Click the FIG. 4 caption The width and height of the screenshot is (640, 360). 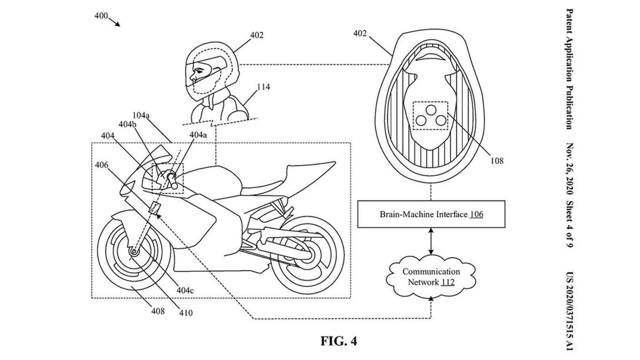pos(339,341)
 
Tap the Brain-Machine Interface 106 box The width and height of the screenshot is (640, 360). pos(431,214)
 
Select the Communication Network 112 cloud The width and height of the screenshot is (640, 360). pos(431,277)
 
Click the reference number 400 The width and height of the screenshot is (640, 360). pos(101,16)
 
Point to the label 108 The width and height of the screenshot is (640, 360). pos(497,161)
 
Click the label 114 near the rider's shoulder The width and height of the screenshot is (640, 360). pos(263,87)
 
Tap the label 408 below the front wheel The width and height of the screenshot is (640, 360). pos(158,310)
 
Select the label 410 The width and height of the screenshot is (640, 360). pos(186,313)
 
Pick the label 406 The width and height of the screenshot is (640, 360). pos(102,165)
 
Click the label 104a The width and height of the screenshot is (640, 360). pos(141,116)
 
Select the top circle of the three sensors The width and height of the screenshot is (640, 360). pos(430,109)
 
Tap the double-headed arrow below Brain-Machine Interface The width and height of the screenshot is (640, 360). pos(431,241)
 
